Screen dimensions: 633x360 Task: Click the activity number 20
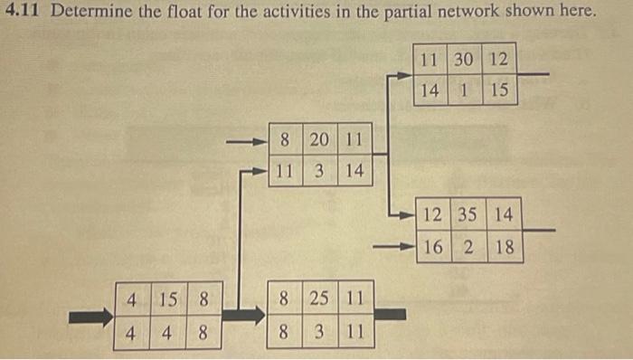pyautogui.click(x=319, y=140)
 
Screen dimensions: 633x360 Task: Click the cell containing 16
pyautogui.click(x=432, y=246)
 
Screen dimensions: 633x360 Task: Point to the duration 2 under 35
pyautogui.click(x=468, y=246)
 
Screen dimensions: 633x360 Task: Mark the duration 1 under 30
pyautogui.click(x=465, y=90)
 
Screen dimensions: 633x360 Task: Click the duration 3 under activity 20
pyautogui.click(x=319, y=171)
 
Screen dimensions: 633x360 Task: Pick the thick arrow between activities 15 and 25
pyautogui.click(x=243, y=315)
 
